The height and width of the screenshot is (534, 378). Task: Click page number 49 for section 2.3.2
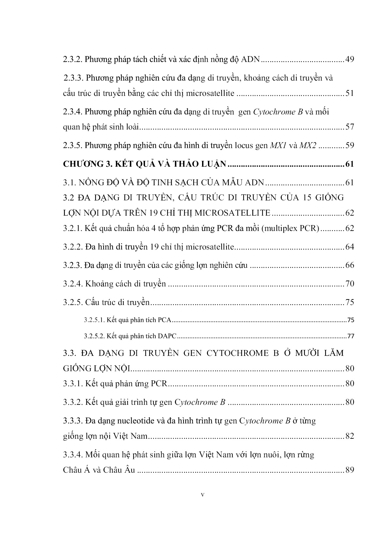[x=349, y=60]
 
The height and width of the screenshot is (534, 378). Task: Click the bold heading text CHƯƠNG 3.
[x=88, y=164]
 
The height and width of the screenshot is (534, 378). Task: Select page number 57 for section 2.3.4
[x=349, y=127]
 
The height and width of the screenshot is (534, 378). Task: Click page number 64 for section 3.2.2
[x=349, y=247]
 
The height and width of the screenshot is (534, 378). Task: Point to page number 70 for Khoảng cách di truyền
[x=349, y=284]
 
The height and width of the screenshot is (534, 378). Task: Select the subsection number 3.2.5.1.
[x=94, y=320]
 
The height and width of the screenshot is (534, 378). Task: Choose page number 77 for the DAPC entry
[x=351, y=336]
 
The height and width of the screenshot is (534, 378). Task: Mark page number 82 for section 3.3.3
[x=349, y=436]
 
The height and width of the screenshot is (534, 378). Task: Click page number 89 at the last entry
[x=349, y=470]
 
